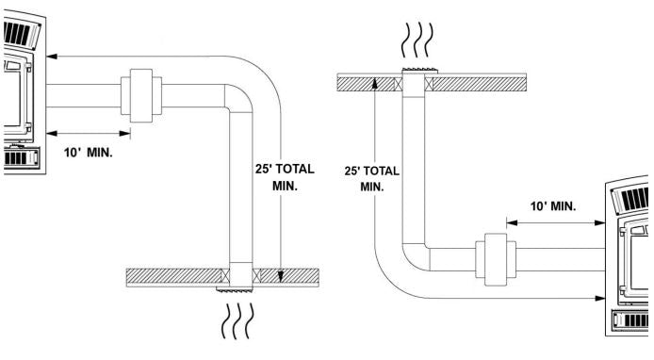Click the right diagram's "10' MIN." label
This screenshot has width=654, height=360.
click(x=552, y=205)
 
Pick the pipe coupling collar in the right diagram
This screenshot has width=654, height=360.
click(x=495, y=255)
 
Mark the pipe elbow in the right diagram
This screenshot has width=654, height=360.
click(x=416, y=251)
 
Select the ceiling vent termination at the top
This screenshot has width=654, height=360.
click(x=416, y=74)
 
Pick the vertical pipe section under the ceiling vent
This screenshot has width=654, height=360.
click(x=416, y=160)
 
